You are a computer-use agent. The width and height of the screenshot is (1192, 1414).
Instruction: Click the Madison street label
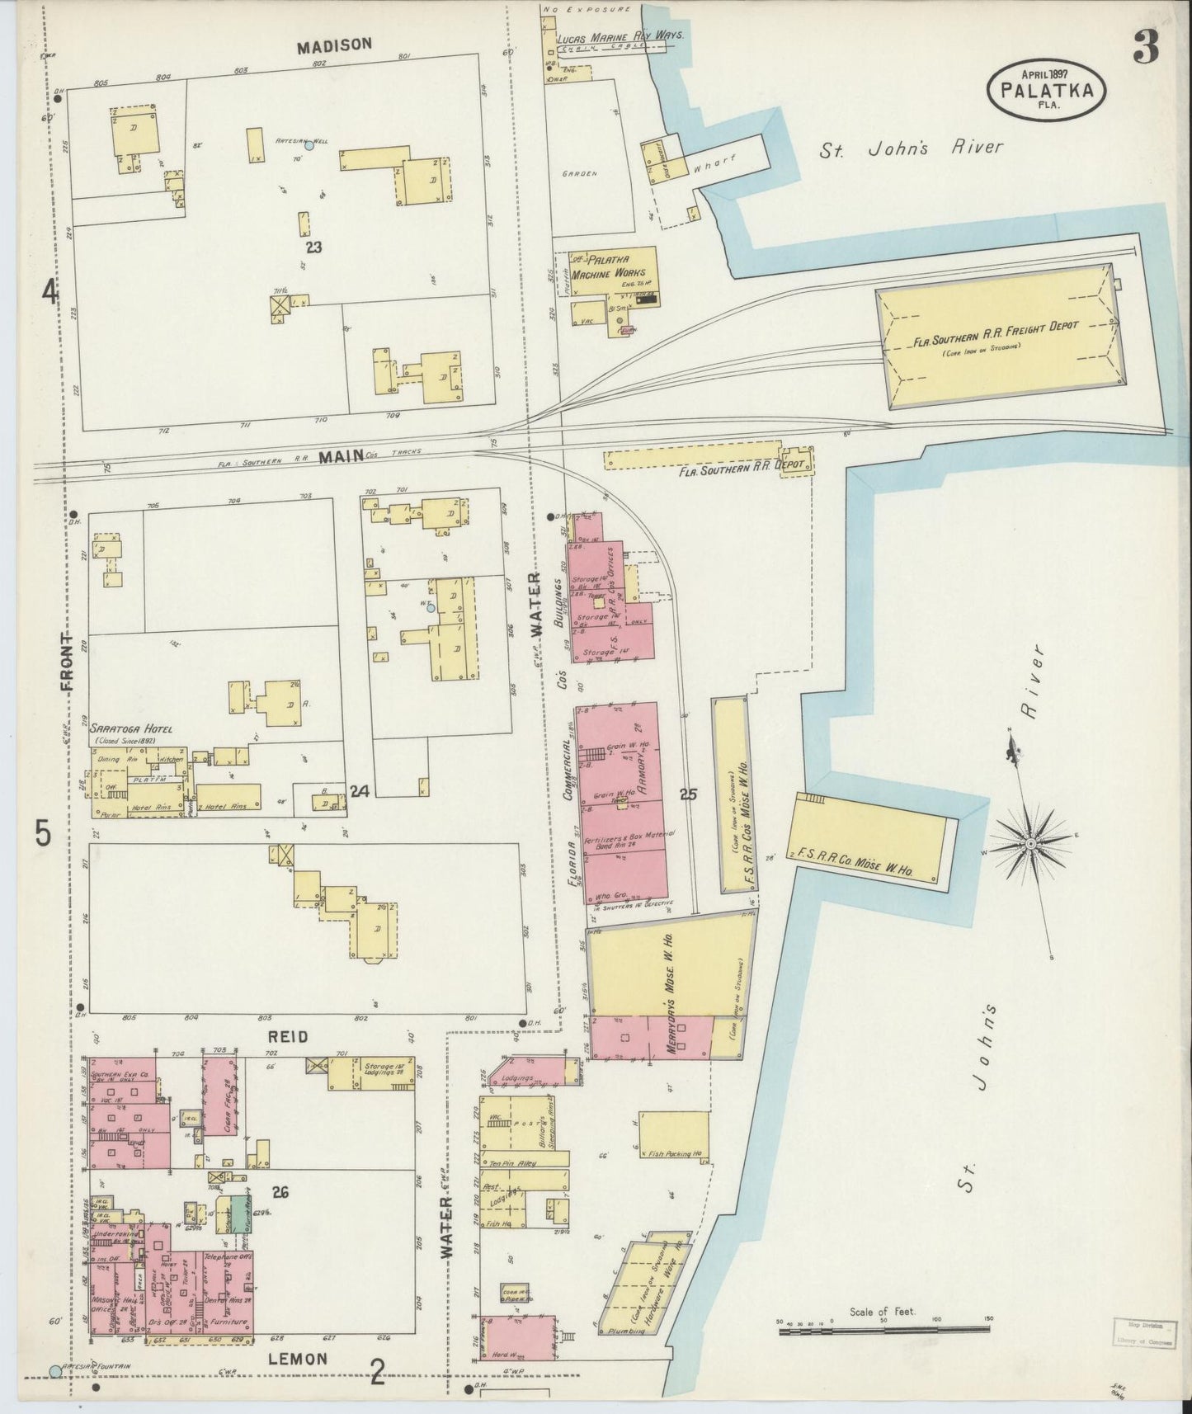click(x=335, y=45)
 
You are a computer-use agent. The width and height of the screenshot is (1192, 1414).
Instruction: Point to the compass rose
click(x=1030, y=846)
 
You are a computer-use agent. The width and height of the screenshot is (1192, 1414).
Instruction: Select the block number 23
click(x=312, y=246)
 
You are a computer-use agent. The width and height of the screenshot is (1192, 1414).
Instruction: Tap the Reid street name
click(x=287, y=1036)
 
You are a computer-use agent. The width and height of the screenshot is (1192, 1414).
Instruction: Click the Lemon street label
click(x=299, y=1359)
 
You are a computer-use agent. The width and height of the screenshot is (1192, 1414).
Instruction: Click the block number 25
click(x=689, y=794)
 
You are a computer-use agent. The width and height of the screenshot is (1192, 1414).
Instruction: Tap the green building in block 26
click(x=238, y=1214)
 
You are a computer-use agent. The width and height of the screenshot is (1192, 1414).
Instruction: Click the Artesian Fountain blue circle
click(x=55, y=1371)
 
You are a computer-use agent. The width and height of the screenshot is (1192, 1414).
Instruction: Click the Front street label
click(x=67, y=662)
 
